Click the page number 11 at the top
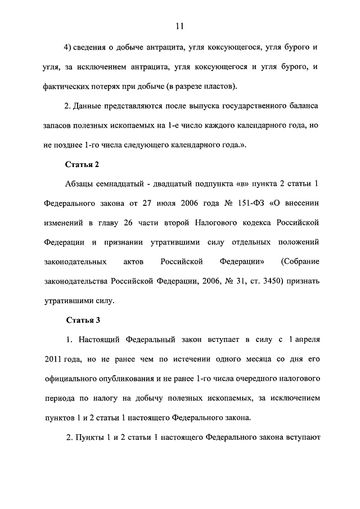pyautogui.click(x=180, y=26)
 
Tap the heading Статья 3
pyautogui.click(x=83, y=321)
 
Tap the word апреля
pyautogui.click(x=307, y=340)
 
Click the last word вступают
pyautogui.click(x=301, y=437)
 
